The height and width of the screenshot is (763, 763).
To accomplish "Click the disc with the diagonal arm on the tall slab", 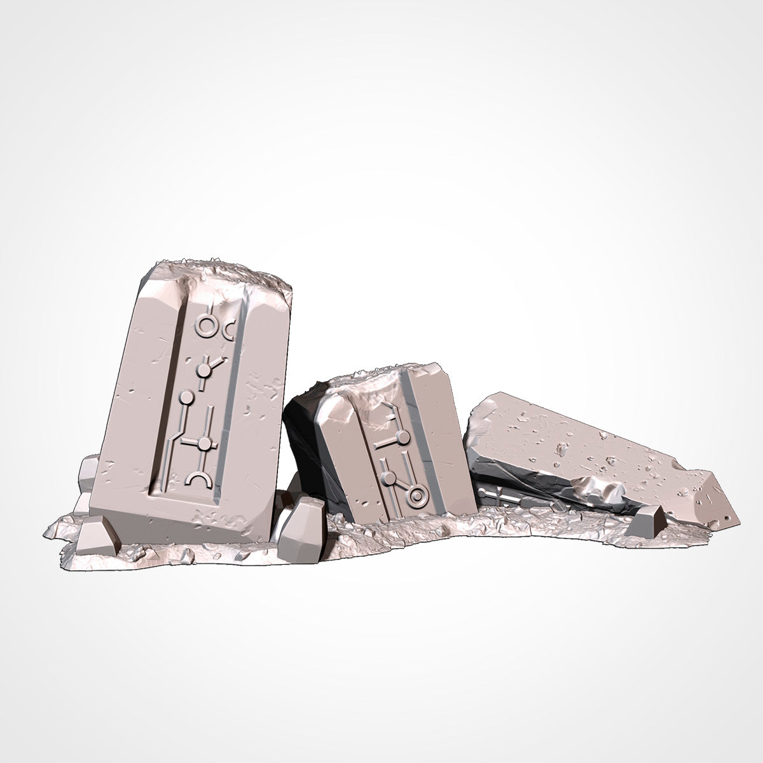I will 203,369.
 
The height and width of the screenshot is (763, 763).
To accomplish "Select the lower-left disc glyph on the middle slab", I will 386,477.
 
